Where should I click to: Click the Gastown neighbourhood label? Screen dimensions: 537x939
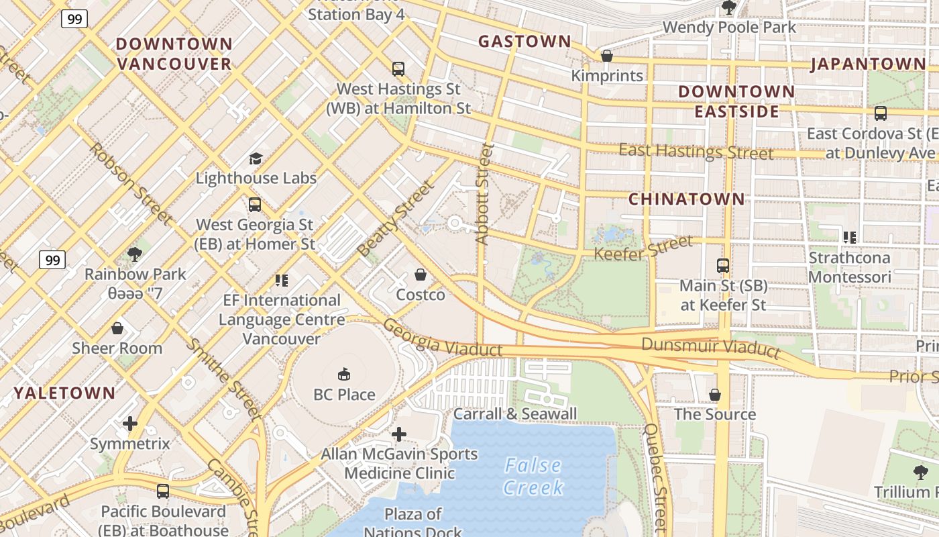(x=524, y=42)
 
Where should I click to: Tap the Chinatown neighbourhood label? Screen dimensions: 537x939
(x=686, y=199)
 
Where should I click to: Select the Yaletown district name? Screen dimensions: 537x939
(x=64, y=393)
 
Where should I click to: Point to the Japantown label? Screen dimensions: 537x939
(x=868, y=64)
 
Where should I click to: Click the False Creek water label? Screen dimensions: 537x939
(x=533, y=476)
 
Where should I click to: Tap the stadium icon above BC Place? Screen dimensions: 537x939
(x=344, y=374)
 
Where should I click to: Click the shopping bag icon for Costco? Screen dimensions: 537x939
(x=421, y=275)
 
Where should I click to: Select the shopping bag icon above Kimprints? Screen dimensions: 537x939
(x=607, y=56)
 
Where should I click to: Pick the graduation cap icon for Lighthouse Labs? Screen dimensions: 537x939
(x=256, y=158)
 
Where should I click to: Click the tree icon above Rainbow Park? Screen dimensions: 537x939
(x=135, y=254)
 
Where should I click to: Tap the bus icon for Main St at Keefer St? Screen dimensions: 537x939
(x=722, y=266)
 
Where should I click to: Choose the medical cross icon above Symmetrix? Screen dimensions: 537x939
(x=130, y=424)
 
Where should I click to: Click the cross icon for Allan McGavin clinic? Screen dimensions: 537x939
(x=399, y=434)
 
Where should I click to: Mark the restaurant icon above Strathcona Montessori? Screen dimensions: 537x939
(x=849, y=237)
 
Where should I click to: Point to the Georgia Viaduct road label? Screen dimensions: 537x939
(x=442, y=338)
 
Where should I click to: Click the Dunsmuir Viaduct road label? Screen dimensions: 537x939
(x=711, y=347)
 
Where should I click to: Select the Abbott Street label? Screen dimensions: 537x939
(x=484, y=193)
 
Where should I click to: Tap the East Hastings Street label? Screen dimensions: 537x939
(x=696, y=152)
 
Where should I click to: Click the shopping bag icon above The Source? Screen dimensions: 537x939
(x=715, y=394)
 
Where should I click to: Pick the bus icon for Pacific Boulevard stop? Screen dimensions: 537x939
(x=162, y=491)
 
